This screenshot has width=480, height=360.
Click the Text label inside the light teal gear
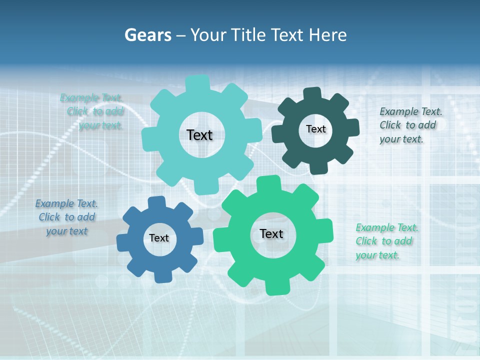199,134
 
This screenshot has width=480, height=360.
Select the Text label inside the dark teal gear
315,129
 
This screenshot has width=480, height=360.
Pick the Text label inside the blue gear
159,238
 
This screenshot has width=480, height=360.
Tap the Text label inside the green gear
271,233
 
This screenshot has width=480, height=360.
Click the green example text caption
386,241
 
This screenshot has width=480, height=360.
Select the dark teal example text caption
410,125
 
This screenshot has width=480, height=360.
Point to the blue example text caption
66,217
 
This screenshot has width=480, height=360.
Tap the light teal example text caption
93,111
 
